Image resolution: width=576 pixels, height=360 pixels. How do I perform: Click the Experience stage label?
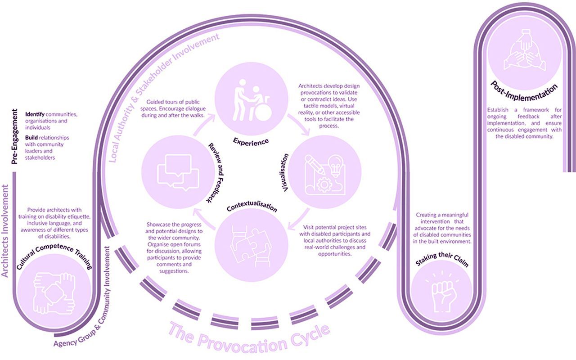[251, 141]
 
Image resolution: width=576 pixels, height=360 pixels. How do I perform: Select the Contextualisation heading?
[252, 208]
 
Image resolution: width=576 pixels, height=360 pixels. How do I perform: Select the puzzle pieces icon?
[251, 245]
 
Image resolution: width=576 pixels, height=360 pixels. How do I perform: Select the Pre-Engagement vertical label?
[15, 137]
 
